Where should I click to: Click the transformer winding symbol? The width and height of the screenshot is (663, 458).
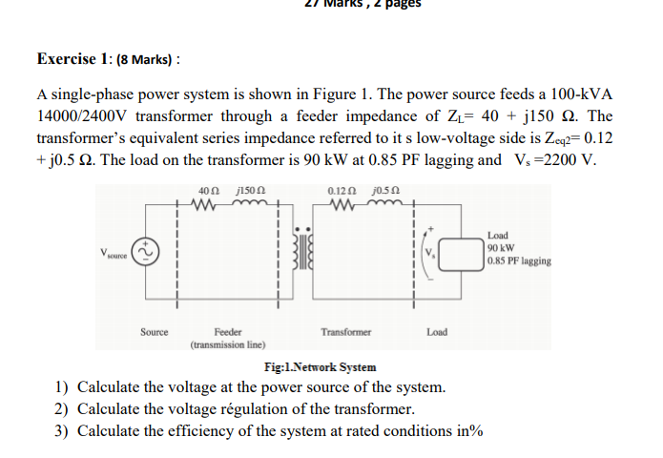pos(307,252)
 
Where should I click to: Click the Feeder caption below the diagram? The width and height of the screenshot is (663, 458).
pos(227,332)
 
